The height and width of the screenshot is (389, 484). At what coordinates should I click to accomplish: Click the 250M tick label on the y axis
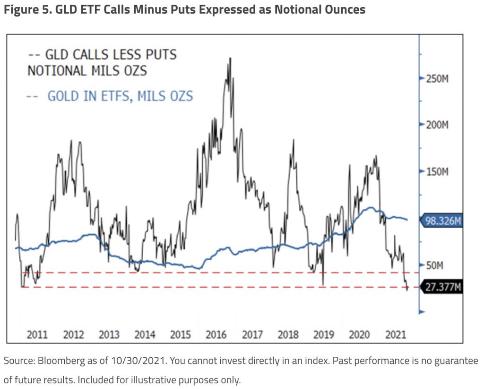[x=437, y=79]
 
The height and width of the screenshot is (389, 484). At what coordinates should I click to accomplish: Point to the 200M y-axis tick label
[x=437, y=125]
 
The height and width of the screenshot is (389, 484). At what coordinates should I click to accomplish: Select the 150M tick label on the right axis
[x=437, y=171]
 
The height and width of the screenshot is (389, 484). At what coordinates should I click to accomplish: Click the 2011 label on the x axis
[x=37, y=335]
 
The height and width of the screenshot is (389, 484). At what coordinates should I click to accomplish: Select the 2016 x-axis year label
[x=216, y=335]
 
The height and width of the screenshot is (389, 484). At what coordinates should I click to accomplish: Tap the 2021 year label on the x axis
[x=395, y=335]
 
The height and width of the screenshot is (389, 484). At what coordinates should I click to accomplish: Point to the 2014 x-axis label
[x=145, y=335]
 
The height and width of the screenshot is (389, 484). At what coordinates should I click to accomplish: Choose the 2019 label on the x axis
[x=324, y=335]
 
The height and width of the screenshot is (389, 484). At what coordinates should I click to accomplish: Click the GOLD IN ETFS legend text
[x=120, y=96]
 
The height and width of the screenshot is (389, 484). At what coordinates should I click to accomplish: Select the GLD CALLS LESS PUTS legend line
[x=102, y=55]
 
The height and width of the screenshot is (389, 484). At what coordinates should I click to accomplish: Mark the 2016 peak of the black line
[x=230, y=59]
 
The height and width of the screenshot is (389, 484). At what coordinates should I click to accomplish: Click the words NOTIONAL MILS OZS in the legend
[x=87, y=71]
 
